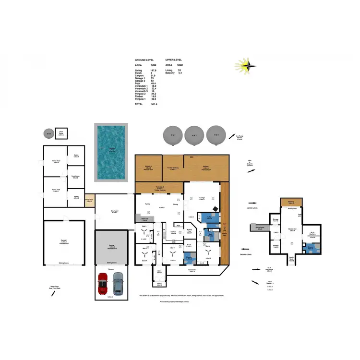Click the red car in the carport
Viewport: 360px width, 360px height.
[102, 284]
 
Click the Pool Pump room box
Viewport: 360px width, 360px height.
[61, 134]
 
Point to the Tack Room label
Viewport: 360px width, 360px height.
[75, 177]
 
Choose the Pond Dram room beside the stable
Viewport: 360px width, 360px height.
[89, 200]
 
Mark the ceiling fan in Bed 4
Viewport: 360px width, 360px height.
[208, 251]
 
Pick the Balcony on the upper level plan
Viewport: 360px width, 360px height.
[291, 202]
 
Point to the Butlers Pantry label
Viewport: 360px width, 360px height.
[189, 231]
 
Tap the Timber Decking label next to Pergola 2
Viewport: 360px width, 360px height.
[172, 168]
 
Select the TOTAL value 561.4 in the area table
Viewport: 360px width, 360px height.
[154, 104]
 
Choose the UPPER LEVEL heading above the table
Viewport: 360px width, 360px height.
[175, 60]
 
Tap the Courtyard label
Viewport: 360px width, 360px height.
[114, 212]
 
